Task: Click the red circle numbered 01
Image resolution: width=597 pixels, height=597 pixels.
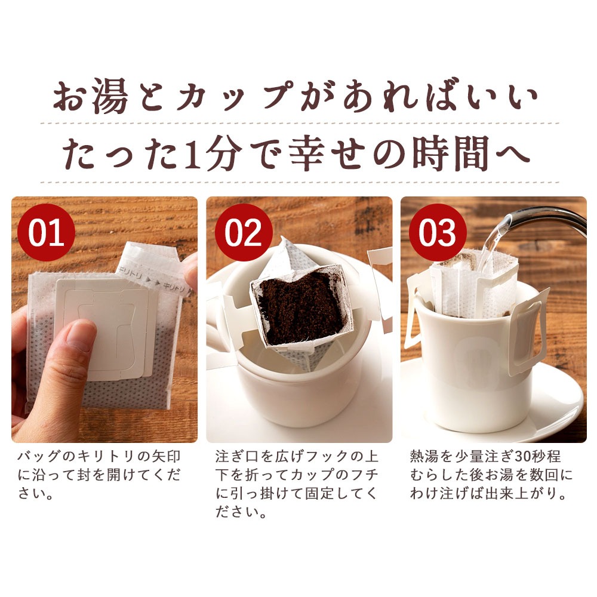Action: [x=46, y=232]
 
